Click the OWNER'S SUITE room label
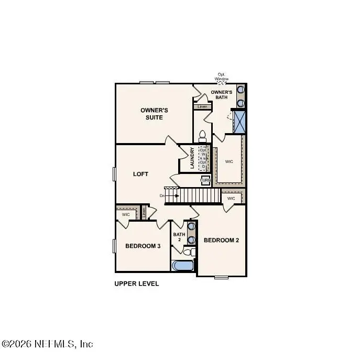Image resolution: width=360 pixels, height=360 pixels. point(154,114)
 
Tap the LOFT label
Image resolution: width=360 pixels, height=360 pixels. point(140,173)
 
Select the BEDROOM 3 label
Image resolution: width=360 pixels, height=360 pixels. point(143,246)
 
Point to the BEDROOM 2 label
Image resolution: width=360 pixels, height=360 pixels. point(221,241)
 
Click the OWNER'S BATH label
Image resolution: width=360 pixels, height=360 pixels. point(222,95)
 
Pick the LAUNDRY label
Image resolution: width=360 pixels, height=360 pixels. point(193,158)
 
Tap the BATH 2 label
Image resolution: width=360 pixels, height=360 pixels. point(179,237)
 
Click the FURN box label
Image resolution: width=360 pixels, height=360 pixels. point(205,180)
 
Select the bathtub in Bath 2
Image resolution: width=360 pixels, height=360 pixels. point(183,266)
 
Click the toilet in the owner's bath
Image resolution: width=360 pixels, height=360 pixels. point(203,135)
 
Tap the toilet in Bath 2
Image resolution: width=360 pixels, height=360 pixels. point(191,253)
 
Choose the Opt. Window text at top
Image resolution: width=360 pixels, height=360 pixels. point(222,77)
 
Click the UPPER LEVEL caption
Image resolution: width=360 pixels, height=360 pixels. point(137,283)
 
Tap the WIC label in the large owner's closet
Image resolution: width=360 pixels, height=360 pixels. point(229,161)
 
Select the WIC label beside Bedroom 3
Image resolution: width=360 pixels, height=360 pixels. point(126,214)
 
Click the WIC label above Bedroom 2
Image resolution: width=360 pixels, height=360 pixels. point(231,199)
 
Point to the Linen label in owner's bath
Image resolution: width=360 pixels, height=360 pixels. point(202,107)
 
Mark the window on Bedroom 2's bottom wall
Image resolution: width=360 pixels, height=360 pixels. point(222,276)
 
